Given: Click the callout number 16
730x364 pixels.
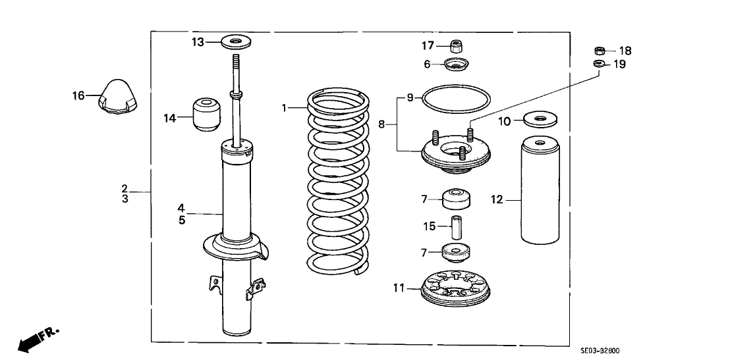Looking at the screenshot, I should point(78,96).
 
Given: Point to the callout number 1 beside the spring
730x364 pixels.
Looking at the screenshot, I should point(285,107).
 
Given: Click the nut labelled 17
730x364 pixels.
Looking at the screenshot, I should point(455,46).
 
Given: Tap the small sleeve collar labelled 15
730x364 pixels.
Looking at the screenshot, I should point(454,227).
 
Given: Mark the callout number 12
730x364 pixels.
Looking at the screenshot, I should point(497,198).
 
